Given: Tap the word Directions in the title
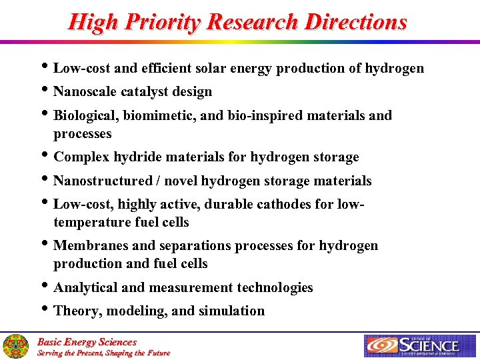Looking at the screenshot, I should tap(356, 22).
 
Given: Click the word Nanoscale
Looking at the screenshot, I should tap(85, 91).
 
